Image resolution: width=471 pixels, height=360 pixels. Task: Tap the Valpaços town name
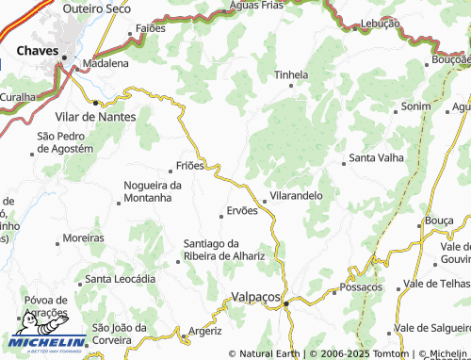[256, 297]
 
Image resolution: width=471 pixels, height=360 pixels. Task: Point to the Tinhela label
[290, 74]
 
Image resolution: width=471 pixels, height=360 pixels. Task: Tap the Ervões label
[241, 211]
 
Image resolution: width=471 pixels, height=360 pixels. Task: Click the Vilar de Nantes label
[96, 117]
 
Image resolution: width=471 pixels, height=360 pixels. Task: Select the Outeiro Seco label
[96, 8]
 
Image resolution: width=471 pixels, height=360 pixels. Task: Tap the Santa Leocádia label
[120, 279]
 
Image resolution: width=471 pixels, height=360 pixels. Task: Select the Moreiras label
[84, 238]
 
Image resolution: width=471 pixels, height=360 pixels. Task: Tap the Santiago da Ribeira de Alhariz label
[224, 250]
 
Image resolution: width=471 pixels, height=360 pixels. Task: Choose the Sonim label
[415, 107]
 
